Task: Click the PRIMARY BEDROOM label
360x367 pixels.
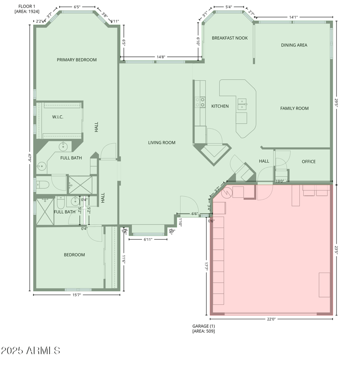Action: coord(76,59)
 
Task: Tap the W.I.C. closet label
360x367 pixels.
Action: coord(58,117)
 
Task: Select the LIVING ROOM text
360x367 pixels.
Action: coord(162,143)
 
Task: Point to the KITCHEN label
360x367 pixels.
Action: coord(220,106)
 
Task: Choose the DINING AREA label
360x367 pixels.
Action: coord(294,45)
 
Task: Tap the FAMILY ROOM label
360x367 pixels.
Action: coord(294,108)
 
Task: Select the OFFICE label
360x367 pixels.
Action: coord(308,162)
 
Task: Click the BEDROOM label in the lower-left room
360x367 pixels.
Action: coord(74,255)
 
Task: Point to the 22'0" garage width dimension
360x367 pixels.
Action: coord(271,319)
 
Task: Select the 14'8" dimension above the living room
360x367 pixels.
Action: coord(161,57)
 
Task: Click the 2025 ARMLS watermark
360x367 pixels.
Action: coord(30,350)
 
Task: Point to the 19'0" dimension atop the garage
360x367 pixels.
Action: coord(279,181)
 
